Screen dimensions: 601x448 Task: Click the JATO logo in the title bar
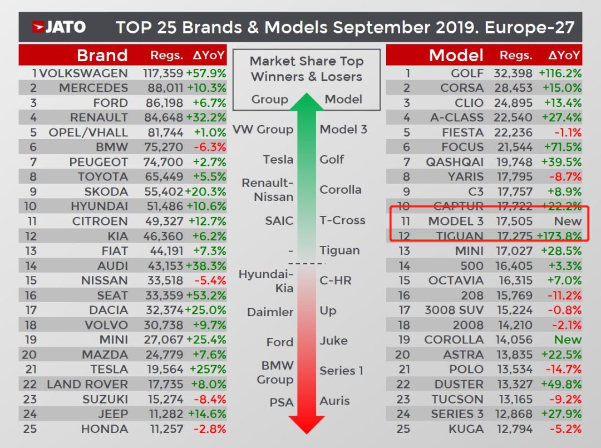(x=58, y=27)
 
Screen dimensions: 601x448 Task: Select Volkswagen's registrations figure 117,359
(x=163, y=73)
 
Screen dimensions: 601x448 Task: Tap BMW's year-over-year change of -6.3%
(x=210, y=147)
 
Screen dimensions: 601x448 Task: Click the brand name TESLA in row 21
(x=109, y=370)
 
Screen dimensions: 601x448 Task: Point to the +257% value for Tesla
(x=208, y=370)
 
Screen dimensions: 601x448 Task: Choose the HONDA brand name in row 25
(x=104, y=429)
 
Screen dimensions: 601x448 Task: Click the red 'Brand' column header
(x=102, y=56)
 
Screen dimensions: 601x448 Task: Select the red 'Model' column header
(x=456, y=56)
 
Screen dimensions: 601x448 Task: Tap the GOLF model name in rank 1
(x=467, y=73)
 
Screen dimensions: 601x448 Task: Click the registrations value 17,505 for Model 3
(x=514, y=221)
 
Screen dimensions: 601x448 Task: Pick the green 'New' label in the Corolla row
(x=568, y=340)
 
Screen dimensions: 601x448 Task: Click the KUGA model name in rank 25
(x=466, y=429)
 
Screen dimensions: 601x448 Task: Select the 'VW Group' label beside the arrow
(x=263, y=130)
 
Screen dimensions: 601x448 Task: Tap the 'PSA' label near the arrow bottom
(x=282, y=402)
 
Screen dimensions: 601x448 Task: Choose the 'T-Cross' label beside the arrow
(x=342, y=220)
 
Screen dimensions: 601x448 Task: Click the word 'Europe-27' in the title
(x=529, y=28)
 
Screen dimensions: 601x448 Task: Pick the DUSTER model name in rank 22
(x=459, y=385)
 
